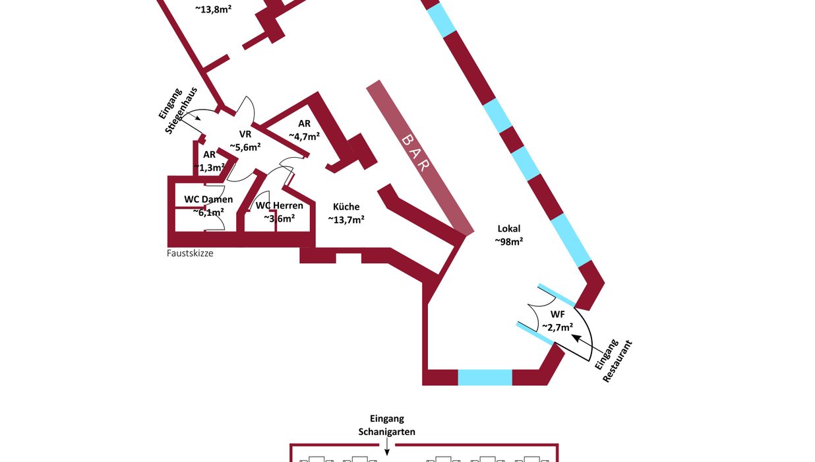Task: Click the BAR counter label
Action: (x=414, y=152)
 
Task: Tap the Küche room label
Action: (x=346, y=207)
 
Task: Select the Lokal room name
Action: (x=508, y=228)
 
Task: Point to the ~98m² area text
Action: (x=508, y=242)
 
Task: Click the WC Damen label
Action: (x=208, y=199)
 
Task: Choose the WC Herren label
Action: (x=280, y=205)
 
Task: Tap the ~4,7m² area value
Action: (x=304, y=137)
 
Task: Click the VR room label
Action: (x=245, y=134)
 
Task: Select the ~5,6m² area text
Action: (x=245, y=147)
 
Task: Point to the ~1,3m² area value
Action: (x=209, y=168)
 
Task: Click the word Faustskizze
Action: (x=190, y=253)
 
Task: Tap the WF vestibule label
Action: (x=557, y=313)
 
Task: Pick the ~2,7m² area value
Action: (x=557, y=327)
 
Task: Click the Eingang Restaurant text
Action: (x=613, y=360)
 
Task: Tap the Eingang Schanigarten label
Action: (x=386, y=425)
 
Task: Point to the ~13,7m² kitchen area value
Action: (x=346, y=220)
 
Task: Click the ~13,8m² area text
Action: (x=213, y=9)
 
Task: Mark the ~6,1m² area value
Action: (x=208, y=213)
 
